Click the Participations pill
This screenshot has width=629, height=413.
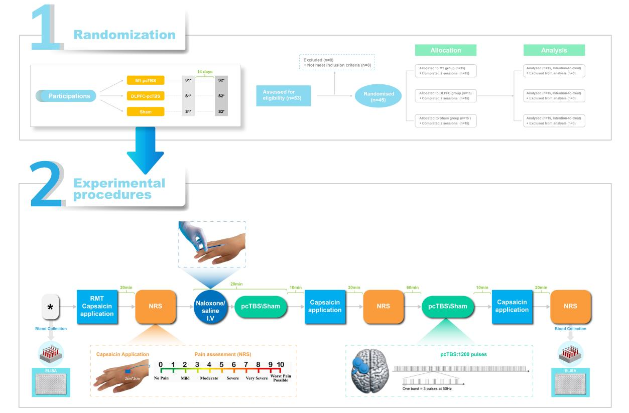click(x=69, y=96)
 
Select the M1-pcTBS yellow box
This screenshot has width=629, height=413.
click(x=146, y=81)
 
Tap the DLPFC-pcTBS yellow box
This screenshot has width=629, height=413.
click(x=146, y=96)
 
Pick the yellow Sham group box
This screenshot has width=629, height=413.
click(x=146, y=111)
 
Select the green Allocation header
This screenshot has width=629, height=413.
click(x=445, y=50)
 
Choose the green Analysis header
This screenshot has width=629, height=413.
click(x=554, y=50)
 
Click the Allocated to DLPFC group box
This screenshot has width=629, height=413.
click(x=445, y=95)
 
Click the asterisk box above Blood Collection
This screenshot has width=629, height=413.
click(x=50, y=307)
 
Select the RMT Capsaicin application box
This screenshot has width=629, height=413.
click(x=97, y=307)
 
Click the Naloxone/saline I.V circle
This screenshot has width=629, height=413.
click(x=211, y=307)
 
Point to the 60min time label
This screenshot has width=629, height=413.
click(x=413, y=288)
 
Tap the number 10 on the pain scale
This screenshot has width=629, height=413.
click(x=280, y=365)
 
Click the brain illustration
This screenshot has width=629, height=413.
click(x=370, y=371)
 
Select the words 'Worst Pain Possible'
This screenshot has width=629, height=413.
click(x=281, y=378)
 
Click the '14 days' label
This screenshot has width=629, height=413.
click(x=204, y=72)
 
